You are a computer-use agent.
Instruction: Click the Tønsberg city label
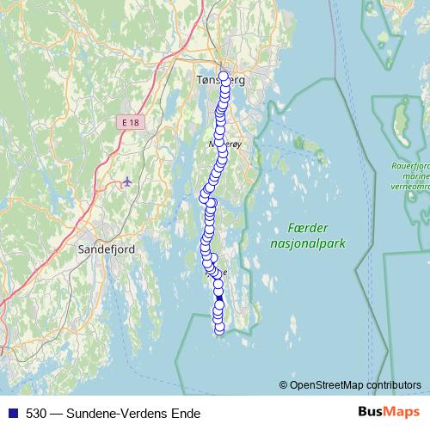pyautogui.click(x=221, y=79)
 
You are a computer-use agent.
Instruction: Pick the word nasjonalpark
pyautogui.click(x=307, y=243)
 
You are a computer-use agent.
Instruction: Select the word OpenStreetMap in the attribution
pyautogui.click(x=338, y=384)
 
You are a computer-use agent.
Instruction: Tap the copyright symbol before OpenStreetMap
pyautogui.click(x=284, y=384)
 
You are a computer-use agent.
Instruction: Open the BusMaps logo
pyautogui.click(x=389, y=412)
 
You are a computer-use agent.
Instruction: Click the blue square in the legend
pyautogui.click(x=13, y=413)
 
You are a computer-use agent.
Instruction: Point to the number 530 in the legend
pyautogui.click(x=36, y=413)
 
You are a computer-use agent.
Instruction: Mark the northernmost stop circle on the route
pyautogui.click(x=224, y=77)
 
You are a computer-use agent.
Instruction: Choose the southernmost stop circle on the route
pyautogui.click(x=218, y=329)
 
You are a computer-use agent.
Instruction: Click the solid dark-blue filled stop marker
pyautogui.click(x=219, y=298)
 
